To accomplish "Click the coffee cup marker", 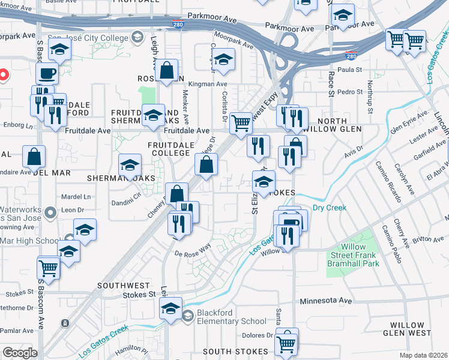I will [47, 74].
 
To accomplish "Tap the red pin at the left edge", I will [2, 76].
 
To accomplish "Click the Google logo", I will [20, 353].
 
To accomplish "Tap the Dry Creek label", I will [330, 208].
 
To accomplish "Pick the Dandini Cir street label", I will [125, 195].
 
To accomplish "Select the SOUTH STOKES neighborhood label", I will [235, 351].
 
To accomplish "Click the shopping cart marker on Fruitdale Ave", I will [241, 123].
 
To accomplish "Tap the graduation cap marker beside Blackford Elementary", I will [171, 308].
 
